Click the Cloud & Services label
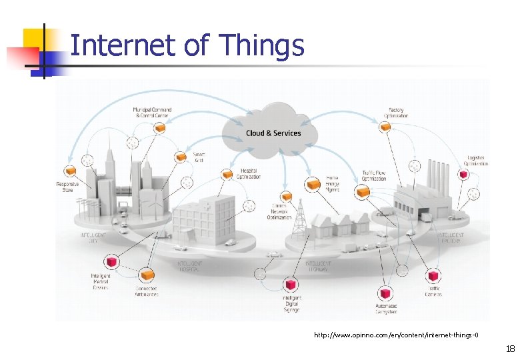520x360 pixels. [273, 133]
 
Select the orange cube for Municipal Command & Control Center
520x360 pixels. [160, 128]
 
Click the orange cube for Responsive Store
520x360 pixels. [67, 171]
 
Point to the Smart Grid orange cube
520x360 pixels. [180, 157]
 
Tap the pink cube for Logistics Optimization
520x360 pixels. [463, 175]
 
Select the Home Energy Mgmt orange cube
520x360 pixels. [313, 183]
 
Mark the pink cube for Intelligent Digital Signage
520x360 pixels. [291, 285]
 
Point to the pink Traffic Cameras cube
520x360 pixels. [433, 276]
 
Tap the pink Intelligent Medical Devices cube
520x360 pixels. [111, 261]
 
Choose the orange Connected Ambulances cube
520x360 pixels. [147, 274]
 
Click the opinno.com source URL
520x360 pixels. [396, 334]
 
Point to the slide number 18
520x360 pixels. [510, 349]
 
